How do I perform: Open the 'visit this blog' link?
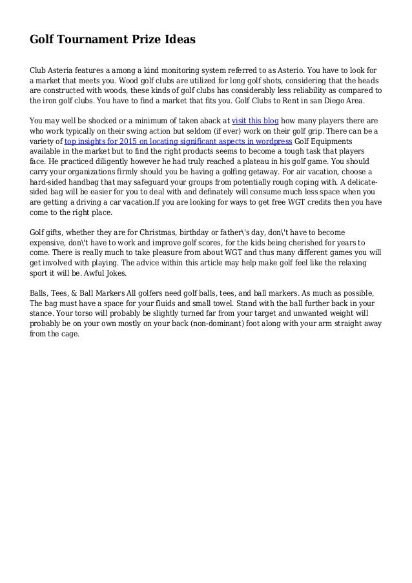point(255,121)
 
